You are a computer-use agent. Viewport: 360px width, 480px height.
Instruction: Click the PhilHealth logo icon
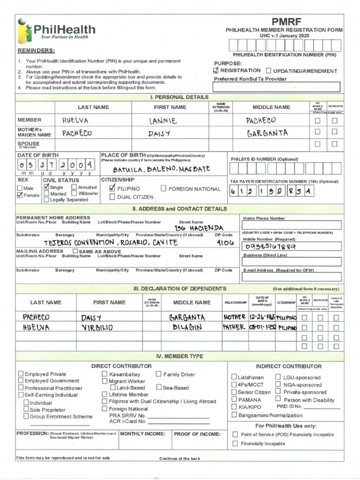(24, 32)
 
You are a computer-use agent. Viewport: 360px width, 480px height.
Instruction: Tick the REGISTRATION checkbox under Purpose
(216, 70)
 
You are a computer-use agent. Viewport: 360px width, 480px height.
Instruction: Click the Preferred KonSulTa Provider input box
(277, 87)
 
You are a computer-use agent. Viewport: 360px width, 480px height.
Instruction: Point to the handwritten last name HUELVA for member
(75, 120)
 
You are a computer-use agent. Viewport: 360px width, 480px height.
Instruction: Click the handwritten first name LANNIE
(163, 121)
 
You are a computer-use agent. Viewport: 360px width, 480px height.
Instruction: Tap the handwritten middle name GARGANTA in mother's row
(267, 133)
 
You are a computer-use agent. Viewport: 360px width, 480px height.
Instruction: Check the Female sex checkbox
(20, 195)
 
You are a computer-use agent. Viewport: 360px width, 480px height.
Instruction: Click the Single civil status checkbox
(46, 187)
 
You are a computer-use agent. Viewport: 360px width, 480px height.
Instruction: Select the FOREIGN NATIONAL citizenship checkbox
(164, 188)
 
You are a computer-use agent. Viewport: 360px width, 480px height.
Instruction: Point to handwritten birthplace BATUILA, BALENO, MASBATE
(161, 169)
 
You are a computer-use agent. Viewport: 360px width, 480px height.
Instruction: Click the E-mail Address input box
(291, 277)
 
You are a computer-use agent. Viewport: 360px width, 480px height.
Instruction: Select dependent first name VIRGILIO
(97, 328)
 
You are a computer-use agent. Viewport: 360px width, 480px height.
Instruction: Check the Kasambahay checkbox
(105, 374)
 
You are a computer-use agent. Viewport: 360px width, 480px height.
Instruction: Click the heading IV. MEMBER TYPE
(180, 356)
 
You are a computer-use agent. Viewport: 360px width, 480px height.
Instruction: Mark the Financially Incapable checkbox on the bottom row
(235, 443)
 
